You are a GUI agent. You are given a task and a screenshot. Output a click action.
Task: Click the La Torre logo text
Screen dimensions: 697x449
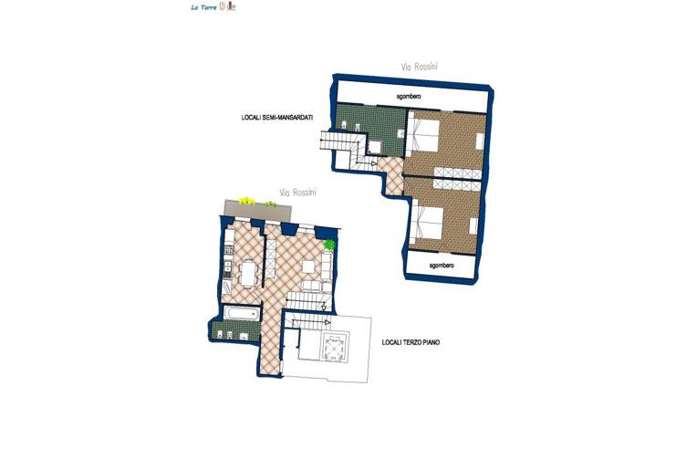pos(204,7)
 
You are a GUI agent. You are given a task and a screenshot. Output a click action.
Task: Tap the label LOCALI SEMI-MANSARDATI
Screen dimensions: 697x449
pos(277,118)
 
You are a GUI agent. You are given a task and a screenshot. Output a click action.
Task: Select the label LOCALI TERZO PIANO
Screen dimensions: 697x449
pos(411,342)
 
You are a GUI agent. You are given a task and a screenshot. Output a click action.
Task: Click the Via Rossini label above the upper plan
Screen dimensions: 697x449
pos(419,67)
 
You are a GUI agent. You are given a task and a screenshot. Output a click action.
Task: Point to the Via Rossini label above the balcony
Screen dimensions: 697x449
pos(297,193)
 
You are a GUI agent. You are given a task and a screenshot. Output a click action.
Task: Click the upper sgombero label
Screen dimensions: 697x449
pos(409,96)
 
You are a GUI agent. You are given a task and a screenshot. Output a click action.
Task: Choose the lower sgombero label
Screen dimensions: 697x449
pos(442,266)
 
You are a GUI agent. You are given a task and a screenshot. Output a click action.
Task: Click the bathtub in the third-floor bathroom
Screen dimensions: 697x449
pos(241,313)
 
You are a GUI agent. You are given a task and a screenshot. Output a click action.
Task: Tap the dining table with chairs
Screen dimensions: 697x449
pos(248,274)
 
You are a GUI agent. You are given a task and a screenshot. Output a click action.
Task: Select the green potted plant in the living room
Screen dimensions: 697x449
pos(329,244)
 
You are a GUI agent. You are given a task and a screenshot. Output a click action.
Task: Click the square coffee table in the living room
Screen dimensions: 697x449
pos(309,266)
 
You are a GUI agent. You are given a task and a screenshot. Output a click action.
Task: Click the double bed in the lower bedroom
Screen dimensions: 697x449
pos(427,223)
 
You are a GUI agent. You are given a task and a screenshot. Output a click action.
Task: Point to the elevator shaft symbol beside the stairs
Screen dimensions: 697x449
pos(334,347)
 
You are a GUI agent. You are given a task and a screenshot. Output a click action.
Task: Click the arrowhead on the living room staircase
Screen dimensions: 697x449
pos(324,308)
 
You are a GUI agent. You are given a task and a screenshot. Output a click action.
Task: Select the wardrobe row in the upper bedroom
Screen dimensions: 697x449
pos(458,172)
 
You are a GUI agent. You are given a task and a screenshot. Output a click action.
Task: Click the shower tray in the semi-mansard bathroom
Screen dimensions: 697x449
pos(374,147)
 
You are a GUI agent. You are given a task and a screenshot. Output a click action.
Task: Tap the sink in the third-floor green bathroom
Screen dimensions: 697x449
pos(244,336)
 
